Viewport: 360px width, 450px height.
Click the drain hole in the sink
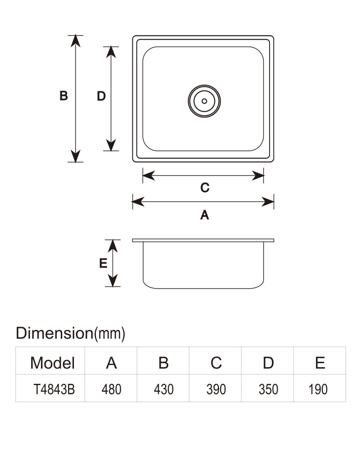coord(204,101)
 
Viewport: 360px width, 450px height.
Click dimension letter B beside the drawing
coord(63,96)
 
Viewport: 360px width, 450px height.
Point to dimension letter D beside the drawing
coord(101,96)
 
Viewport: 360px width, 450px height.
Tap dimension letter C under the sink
coord(205,188)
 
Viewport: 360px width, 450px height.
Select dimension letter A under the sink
coord(205,215)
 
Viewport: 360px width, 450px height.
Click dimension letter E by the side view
coord(103,263)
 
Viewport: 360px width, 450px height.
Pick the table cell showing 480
coord(112,389)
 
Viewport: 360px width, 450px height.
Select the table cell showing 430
coord(164,389)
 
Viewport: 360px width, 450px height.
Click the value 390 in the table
coord(216,389)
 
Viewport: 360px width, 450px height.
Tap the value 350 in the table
coord(268,389)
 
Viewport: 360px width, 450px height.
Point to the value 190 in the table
coord(318,389)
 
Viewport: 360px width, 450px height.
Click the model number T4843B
coord(54,389)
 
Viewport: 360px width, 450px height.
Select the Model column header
coord(53,363)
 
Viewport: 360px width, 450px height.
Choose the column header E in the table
coord(320,363)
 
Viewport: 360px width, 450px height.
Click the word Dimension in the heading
coord(54,333)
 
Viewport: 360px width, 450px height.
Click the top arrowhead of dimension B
coord(76,41)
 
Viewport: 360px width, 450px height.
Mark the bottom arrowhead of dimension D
coord(111,145)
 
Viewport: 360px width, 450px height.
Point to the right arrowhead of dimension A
coord(268,202)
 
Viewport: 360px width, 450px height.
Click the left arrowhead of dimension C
coord(148,175)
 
